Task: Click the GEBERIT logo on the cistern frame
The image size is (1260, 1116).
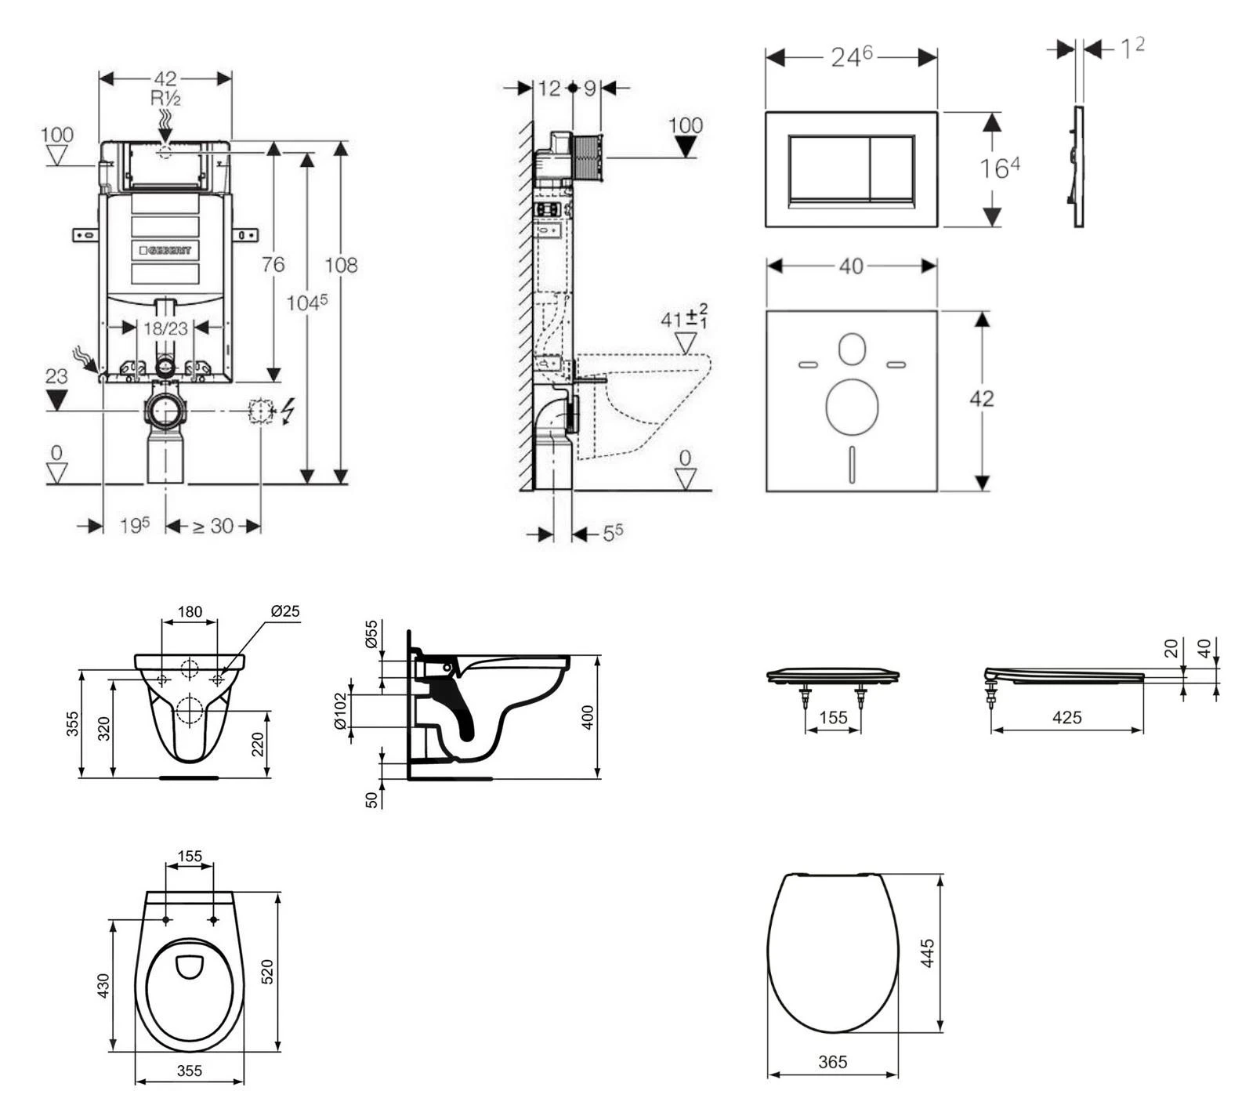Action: click(x=165, y=250)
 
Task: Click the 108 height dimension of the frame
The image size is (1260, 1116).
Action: click(x=342, y=265)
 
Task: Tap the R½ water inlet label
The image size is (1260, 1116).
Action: click(x=166, y=98)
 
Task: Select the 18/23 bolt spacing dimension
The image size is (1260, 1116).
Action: click(x=165, y=328)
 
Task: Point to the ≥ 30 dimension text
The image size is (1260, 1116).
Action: click(x=212, y=526)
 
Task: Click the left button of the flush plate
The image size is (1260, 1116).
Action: click(x=829, y=170)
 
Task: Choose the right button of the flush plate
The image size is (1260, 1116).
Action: click(x=892, y=170)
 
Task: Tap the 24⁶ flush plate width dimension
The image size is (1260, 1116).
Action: click(x=851, y=56)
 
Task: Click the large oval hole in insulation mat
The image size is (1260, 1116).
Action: click(x=852, y=406)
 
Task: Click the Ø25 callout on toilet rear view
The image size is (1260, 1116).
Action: click(x=284, y=611)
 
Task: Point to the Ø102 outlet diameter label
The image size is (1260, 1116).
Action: click(x=340, y=711)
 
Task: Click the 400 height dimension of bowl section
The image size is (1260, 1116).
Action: click(x=588, y=716)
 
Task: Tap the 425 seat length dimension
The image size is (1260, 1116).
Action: click(x=1066, y=717)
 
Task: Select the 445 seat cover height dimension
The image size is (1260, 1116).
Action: click(x=928, y=953)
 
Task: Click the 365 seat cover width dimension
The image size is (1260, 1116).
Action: click(x=832, y=1062)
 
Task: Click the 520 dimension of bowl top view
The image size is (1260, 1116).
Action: click(x=266, y=972)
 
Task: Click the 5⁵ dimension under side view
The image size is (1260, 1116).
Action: click(x=613, y=533)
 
